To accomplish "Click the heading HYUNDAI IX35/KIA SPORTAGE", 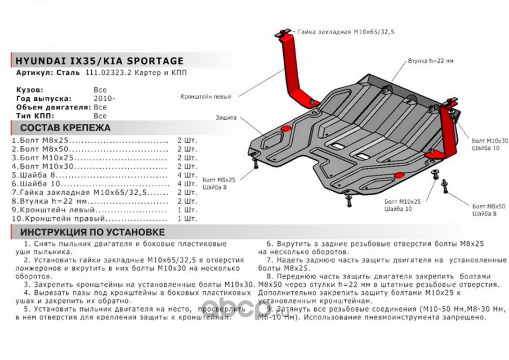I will tap(99, 61).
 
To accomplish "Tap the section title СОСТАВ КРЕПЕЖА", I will tap(66, 128).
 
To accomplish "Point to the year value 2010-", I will tap(104, 99).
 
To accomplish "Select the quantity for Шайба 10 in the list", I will tap(187, 184).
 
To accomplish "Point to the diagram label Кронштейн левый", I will tap(206, 97).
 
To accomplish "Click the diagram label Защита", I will tap(226, 117).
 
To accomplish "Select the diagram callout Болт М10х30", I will tap(490, 141).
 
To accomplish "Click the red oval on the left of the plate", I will tap(285, 129).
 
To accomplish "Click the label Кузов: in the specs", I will tap(30, 90).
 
